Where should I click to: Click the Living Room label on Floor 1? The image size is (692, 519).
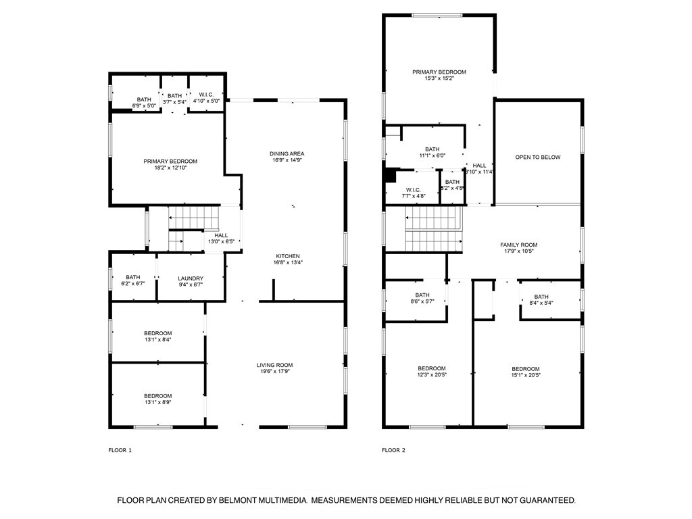pos(275,365)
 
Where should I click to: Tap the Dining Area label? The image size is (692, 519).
pos(287,153)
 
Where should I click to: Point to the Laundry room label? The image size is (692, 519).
pos(191,278)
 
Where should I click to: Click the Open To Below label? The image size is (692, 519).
pos(538,157)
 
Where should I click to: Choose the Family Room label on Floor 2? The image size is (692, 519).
pos(519,245)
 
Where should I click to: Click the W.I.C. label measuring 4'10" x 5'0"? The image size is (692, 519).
pos(206,96)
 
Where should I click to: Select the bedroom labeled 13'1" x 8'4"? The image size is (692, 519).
pos(157,333)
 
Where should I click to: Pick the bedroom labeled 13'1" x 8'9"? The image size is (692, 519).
pos(157,396)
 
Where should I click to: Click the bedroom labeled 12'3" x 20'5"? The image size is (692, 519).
pos(431,368)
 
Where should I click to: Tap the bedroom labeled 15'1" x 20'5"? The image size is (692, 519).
pos(525,368)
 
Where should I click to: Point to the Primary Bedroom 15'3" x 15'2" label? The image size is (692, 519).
pos(439,72)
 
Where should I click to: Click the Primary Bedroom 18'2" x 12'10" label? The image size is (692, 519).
pos(170,161)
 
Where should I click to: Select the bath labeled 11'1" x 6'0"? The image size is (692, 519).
pos(432,149)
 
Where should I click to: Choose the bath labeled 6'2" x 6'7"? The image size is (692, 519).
pos(132,277)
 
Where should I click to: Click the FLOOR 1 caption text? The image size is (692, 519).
pos(120,450)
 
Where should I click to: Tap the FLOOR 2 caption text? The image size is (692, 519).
pos(393,450)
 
